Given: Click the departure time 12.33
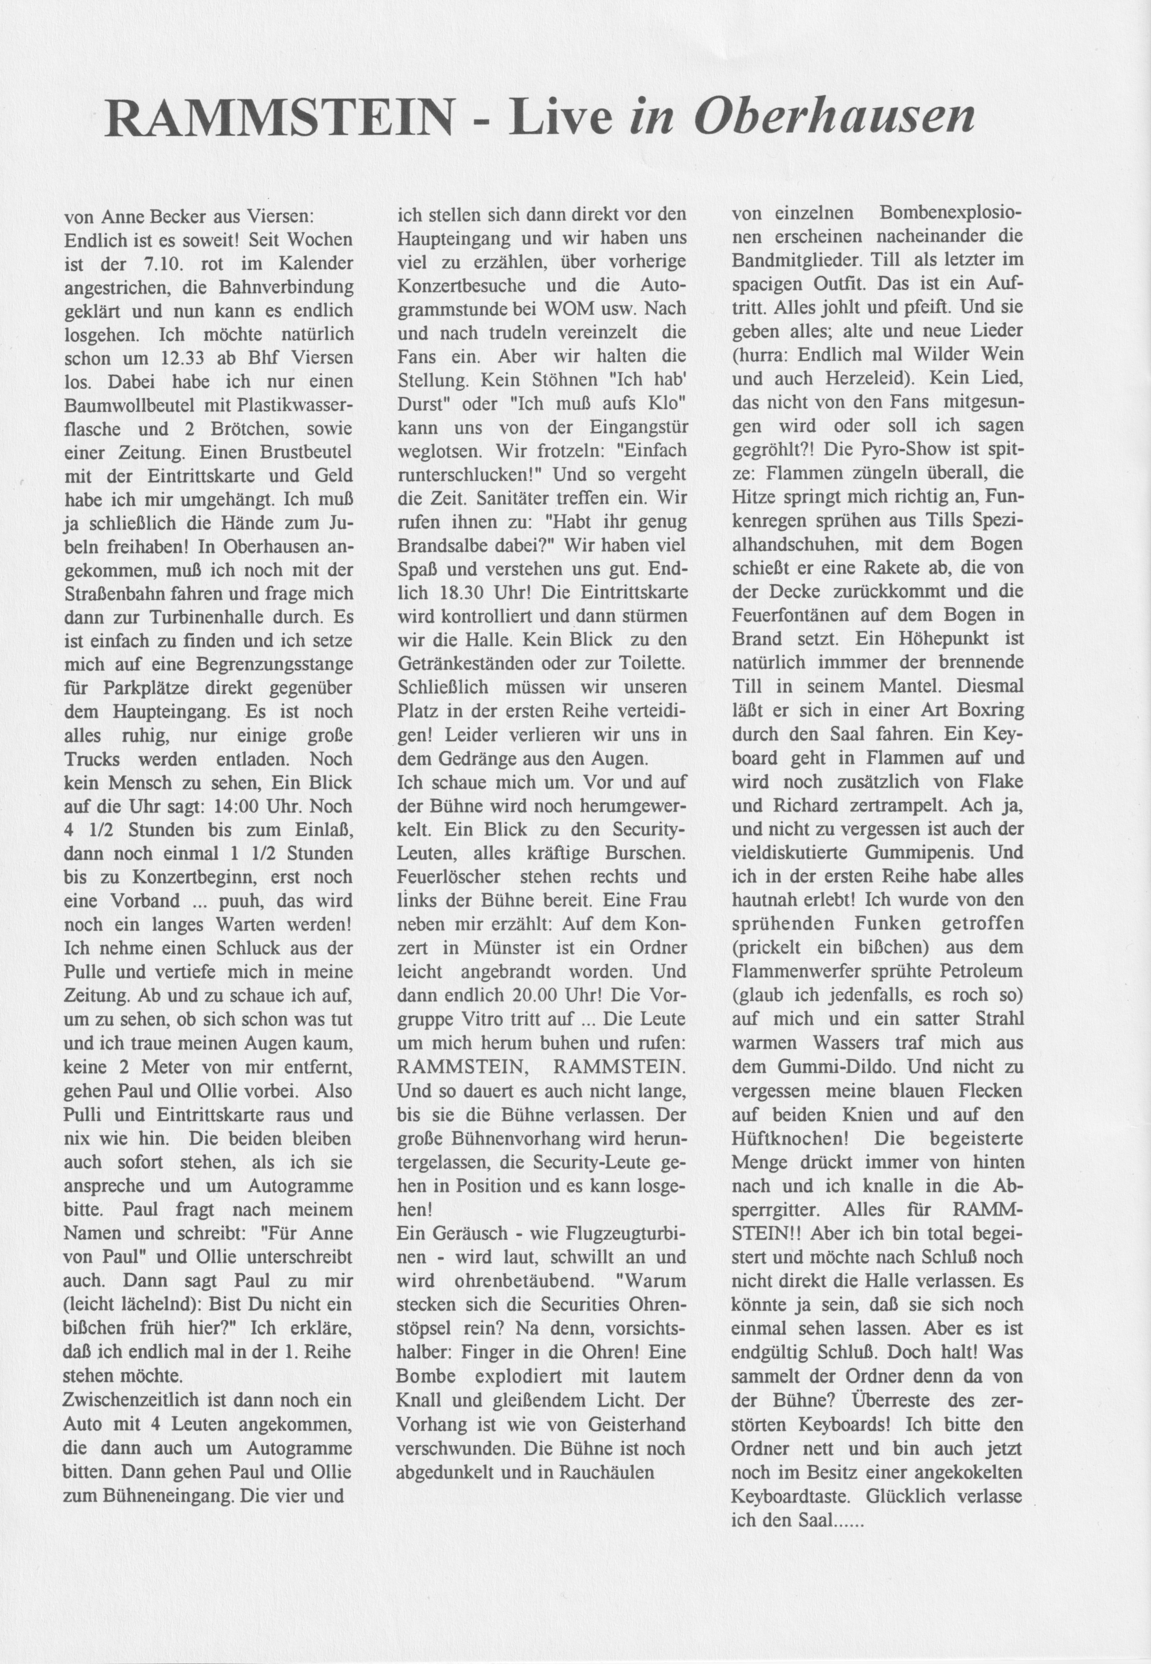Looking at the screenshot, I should [198, 358].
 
